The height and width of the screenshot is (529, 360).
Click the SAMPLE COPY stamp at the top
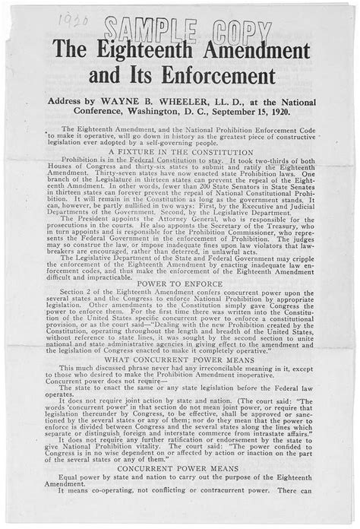point(185,31)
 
